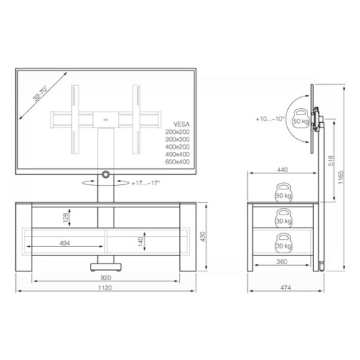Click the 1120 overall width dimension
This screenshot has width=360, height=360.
click(x=105, y=287)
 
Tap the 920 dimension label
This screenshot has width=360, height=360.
click(x=106, y=278)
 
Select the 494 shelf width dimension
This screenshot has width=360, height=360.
click(x=65, y=243)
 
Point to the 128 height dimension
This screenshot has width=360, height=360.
click(x=66, y=217)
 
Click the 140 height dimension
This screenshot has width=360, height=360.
click(x=141, y=241)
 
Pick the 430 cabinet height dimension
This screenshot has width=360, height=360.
click(x=203, y=237)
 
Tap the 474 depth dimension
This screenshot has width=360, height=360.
click(x=286, y=287)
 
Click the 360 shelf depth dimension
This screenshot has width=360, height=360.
click(x=282, y=261)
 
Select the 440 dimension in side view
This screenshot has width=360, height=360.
click(x=282, y=170)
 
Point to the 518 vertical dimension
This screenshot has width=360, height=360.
click(x=331, y=161)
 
